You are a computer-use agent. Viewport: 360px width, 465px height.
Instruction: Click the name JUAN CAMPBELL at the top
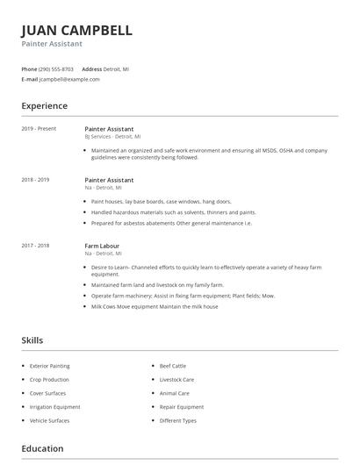pyautogui.click(x=76, y=31)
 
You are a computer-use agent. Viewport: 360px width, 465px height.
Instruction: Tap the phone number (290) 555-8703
pyautogui.click(x=57, y=68)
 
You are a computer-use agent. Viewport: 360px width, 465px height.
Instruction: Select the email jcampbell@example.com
pyautogui.click(x=70, y=79)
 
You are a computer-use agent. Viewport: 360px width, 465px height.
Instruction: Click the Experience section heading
pyautogui.click(x=44, y=106)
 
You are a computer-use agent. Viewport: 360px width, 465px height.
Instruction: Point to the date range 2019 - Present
pyautogui.click(x=39, y=129)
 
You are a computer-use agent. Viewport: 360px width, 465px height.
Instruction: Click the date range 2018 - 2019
pyautogui.click(x=35, y=180)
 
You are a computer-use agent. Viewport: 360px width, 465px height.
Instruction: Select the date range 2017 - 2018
pyautogui.click(x=35, y=246)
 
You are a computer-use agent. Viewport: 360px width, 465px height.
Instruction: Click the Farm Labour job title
pyautogui.click(x=102, y=246)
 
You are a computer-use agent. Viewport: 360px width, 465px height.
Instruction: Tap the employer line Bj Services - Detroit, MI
pyautogui.click(x=112, y=137)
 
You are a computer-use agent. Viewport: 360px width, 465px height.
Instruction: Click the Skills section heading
pyautogui.click(x=32, y=340)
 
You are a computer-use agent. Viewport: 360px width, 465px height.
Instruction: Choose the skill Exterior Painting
pyautogui.click(x=50, y=366)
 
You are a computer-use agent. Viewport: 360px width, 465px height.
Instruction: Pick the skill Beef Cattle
pyautogui.click(x=173, y=366)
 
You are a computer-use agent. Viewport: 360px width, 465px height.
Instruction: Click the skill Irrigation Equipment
pyautogui.click(x=54, y=407)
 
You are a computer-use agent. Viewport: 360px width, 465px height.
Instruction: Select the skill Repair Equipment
pyautogui.click(x=181, y=407)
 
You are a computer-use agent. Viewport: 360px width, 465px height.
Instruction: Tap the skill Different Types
pyautogui.click(x=177, y=421)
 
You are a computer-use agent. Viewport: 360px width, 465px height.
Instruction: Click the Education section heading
pyautogui.click(x=42, y=449)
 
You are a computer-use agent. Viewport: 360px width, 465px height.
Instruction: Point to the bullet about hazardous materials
pyautogui.click(x=173, y=212)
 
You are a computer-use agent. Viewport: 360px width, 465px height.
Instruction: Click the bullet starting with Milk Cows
pyautogui.click(x=155, y=306)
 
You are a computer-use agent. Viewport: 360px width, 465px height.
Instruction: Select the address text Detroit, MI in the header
pyautogui.click(x=117, y=68)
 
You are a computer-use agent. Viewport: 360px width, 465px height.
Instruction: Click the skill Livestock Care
pyautogui.click(x=176, y=380)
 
